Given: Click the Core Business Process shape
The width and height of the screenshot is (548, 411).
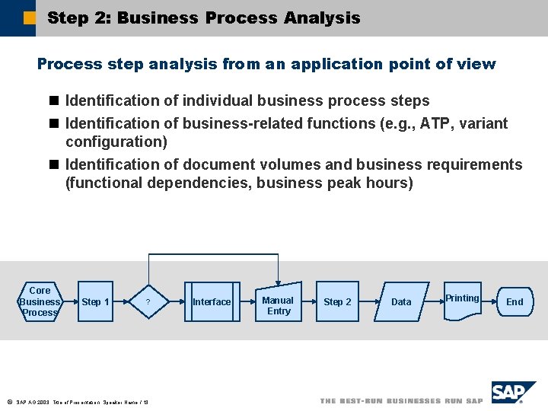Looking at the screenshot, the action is point(40,301).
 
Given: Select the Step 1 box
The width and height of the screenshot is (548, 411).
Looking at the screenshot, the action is point(95,302).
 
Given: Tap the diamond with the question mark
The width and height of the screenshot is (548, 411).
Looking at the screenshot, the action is point(148,302).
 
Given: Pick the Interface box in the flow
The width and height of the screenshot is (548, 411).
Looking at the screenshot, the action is point(211,302).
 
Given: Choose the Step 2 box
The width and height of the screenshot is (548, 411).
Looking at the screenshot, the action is point(337,302).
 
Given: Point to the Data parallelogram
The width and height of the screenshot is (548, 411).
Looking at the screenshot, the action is point(401,302).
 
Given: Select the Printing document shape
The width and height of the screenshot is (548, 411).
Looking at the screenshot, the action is point(462,301).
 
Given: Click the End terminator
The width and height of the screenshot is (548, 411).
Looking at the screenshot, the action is point(515,302).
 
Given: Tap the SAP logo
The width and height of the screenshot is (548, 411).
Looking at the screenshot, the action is point(513,393).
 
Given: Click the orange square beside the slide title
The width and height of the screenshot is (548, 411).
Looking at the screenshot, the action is point(30,18).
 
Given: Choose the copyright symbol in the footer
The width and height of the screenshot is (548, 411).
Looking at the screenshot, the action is point(8,401).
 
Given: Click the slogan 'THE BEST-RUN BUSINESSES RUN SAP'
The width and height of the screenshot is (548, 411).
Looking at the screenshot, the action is point(401,401).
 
